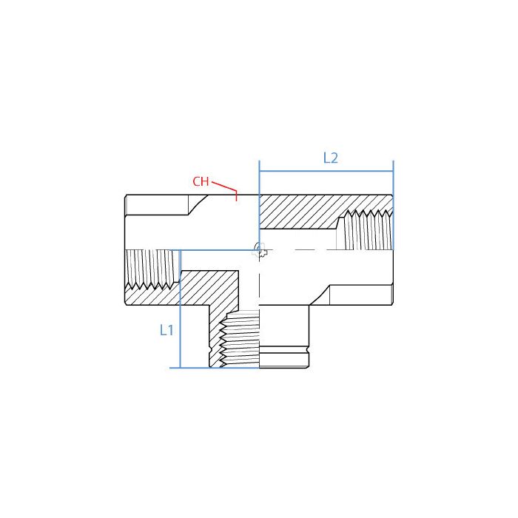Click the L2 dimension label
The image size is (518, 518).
pos(330,158)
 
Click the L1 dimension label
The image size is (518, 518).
pos(166,330)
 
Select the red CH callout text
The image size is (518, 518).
pos(201,181)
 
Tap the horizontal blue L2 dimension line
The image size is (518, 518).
pos(326,172)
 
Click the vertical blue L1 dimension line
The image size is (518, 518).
pos(181,311)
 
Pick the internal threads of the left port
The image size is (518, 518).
pos(152,269)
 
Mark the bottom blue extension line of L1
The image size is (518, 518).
pos(218,368)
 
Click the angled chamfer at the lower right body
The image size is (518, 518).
pos(319,296)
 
